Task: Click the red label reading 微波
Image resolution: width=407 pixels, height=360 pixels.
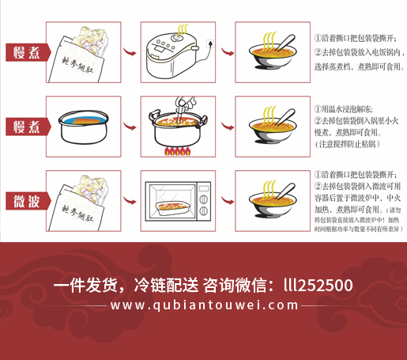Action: [x=25, y=202]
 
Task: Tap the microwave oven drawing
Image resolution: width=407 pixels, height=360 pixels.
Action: [x=179, y=202]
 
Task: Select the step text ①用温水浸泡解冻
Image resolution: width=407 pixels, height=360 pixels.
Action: [x=349, y=108]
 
